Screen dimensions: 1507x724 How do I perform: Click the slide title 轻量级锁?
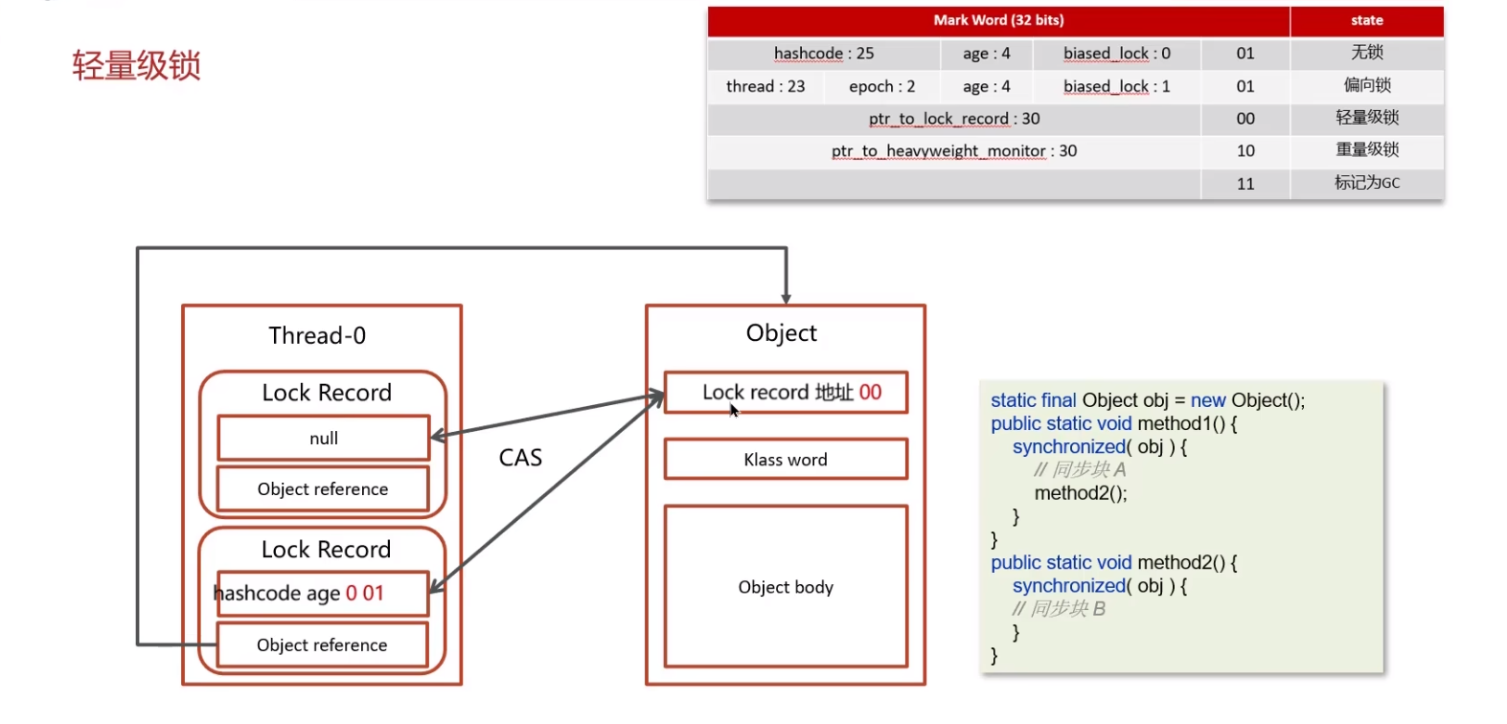click(137, 66)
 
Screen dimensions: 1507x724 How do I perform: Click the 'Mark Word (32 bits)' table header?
click(998, 20)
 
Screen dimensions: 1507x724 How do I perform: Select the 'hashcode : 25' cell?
click(824, 53)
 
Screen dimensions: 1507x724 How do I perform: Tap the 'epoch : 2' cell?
click(881, 86)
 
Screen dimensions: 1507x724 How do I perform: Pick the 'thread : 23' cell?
click(765, 86)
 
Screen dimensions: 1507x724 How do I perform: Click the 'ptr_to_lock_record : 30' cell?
click(954, 119)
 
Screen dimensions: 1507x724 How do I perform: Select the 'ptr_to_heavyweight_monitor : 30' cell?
click(954, 150)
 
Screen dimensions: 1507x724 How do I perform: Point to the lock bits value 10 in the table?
click(1245, 150)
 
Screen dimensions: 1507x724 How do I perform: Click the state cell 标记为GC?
click(1367, 183)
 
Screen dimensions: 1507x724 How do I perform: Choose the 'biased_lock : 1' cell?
click(1117, 86)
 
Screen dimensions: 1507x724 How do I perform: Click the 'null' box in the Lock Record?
click(324, 439)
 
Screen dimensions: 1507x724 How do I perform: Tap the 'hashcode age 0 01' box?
click(324, 593)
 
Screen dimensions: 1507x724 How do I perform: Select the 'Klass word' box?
click(786, 459)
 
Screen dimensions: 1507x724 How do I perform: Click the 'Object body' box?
click(786, 587)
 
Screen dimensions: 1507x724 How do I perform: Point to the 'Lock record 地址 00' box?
click(786, 392)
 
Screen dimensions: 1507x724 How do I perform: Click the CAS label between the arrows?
click(520, 458)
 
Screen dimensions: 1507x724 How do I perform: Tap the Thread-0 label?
click(317, 335)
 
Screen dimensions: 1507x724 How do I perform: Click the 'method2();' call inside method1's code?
click(1081, 493)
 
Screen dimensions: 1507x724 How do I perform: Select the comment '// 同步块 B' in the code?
click(1059, 609)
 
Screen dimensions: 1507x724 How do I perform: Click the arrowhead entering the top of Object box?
click(786, 299)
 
